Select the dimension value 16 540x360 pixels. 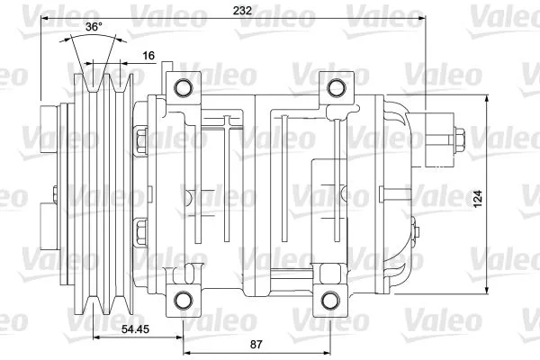click(149, 56)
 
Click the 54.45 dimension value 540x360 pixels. click(137, 331)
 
